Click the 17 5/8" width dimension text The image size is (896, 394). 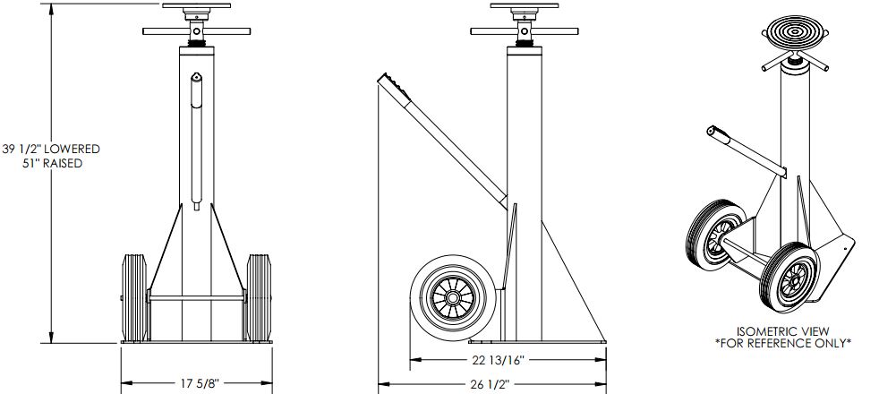tap(200, 383)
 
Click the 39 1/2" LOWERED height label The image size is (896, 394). tap(51, 150)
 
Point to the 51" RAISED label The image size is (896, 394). tap(56, 164)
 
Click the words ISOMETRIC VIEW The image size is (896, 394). tap(783, 331)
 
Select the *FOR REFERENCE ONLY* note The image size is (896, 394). tap(783, 343)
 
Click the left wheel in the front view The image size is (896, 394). tap(135, 298)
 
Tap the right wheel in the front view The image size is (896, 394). tap(259, 298)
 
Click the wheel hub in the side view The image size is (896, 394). tap(453, 298)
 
